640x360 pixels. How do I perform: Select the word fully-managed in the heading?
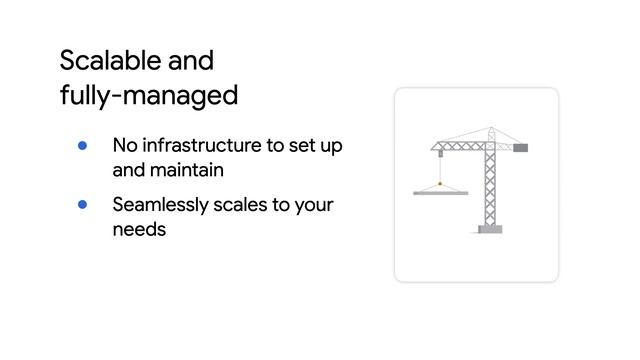click(149, 96)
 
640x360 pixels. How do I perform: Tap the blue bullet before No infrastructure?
click(84, 145)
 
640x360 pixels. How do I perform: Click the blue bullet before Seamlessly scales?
click(84, 204)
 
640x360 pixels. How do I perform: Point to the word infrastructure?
click(201, 145)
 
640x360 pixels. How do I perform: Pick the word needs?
click(139, 229)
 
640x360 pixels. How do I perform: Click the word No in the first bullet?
click(125, 145)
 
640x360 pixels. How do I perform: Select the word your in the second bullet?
click(315, 205)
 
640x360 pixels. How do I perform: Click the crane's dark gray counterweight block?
click(521, 148)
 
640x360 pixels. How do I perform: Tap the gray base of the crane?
click(490, 229)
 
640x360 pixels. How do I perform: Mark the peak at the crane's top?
click(490, 129)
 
